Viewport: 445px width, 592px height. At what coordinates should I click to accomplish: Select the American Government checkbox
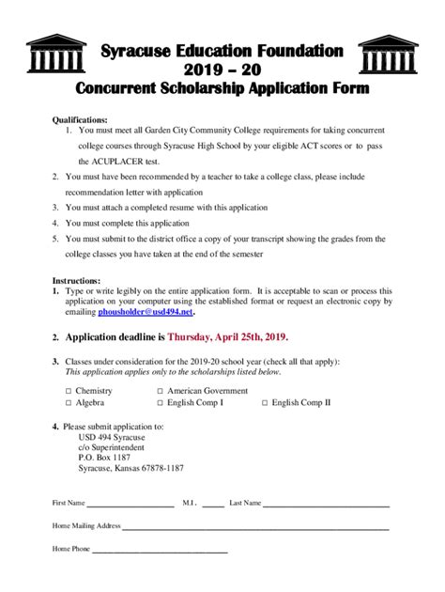point(147,388)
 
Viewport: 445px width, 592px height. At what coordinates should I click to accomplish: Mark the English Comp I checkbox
point(147,402)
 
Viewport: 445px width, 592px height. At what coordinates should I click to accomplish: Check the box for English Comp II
point(265,402)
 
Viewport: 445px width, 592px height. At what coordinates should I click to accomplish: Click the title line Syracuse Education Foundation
point(222,49)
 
